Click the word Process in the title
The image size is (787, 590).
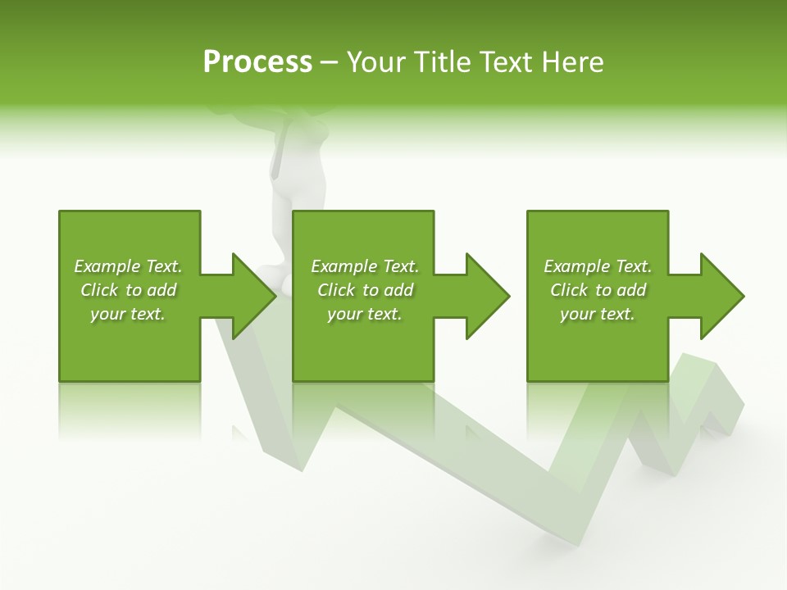(x=257, y=62)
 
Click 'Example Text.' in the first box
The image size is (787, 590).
(x=128, y=266)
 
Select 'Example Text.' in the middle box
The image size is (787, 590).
(x=365, y=266)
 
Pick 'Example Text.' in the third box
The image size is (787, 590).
(x=598, y=266)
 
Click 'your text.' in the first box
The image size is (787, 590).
(x=128, y=314)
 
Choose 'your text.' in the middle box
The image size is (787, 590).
(x=365, y=314)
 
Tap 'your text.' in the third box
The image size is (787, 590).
(x=598, y=314)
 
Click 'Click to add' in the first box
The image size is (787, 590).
(x=128, y=290)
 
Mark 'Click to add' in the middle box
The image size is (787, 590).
(x=365, y=290)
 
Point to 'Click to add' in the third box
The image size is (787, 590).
(x=598, y=290)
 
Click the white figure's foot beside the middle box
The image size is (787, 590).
(x=286, y=283)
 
